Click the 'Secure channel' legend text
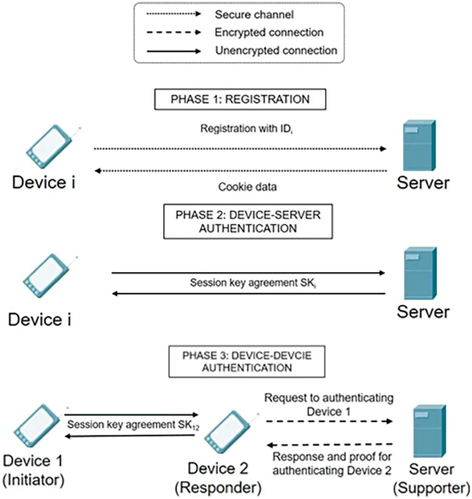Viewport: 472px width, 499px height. click(254, 15)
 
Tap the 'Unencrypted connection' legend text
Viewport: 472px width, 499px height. click(276, 51)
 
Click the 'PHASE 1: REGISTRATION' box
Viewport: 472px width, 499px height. click(240, 99)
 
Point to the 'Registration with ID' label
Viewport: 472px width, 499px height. click(246, 129)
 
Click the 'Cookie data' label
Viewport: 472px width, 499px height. click(247, 187)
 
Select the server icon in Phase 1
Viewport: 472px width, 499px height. click(419, 146)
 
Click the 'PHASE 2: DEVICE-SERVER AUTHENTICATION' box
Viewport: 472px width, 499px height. click(248, 221)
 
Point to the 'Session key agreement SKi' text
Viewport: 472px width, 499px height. click(252, 283)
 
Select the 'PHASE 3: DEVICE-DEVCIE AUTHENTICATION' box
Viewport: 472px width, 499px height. click(247, 362)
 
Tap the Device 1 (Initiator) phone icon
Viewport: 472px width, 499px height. click(37, 426)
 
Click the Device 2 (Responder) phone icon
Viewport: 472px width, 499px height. click(227, 432)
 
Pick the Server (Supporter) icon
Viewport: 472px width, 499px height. click(429, 431)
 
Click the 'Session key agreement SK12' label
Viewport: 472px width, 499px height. click(133, 425)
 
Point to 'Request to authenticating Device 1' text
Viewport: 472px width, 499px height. click(329, 405)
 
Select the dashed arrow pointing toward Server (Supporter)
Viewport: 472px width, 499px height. click(329, 421)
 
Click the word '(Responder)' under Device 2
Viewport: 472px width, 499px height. click(218, 488)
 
